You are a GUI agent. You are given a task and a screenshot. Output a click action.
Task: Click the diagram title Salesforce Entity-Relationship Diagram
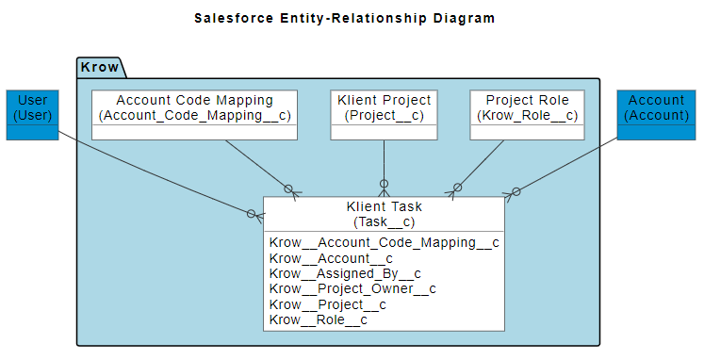343,18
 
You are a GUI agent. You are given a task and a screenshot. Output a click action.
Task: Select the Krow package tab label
100,67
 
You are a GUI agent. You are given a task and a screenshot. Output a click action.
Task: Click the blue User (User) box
32,114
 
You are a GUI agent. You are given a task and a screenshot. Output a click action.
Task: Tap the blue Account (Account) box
657,114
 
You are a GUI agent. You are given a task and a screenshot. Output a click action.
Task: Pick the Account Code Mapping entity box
194,114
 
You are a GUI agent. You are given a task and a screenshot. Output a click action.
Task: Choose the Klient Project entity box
384,114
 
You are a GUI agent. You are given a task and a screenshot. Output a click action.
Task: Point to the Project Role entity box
527,114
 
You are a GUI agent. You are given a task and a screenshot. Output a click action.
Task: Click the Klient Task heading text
384,206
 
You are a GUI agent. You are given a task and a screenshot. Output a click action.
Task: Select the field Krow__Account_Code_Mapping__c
384,242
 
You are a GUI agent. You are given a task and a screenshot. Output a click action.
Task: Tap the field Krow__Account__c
331,258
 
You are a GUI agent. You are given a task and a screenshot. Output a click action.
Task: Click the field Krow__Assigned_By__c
345,273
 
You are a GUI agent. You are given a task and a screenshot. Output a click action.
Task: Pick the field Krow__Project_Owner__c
352,289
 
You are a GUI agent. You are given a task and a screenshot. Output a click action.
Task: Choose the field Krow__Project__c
328,304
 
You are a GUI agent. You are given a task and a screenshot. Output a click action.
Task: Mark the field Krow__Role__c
318,320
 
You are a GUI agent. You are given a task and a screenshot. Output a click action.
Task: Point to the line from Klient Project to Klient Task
384,160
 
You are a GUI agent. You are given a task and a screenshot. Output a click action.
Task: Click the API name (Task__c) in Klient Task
384,222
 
